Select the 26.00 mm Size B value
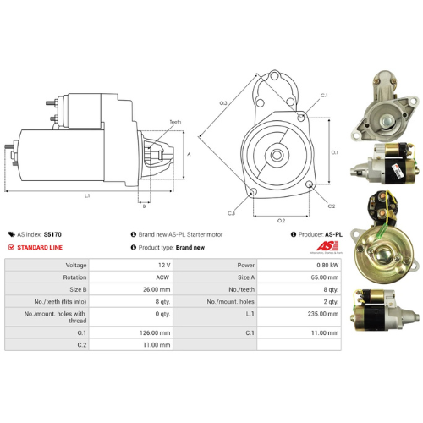(156, 288)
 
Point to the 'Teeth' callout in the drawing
(174, 122)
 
